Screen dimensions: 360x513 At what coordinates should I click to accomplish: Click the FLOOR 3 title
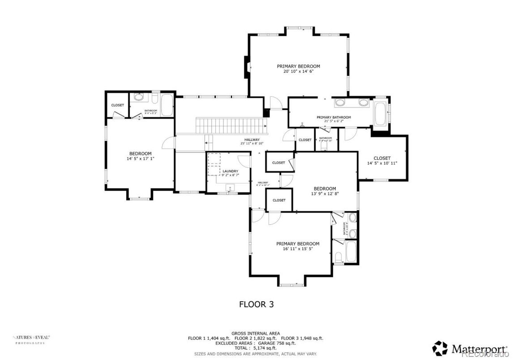(256, 304)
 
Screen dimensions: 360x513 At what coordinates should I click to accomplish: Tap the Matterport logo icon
(440, 348)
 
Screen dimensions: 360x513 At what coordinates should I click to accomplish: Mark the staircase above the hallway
(231, 124)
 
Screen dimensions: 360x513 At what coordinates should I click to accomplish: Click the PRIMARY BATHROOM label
(333, 117)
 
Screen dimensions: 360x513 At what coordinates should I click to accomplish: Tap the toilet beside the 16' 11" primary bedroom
(339, 257)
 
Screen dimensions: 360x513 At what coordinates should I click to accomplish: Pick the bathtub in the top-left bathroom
(167, 105)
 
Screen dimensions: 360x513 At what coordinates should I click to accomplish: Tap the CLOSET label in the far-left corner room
(117, 105)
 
